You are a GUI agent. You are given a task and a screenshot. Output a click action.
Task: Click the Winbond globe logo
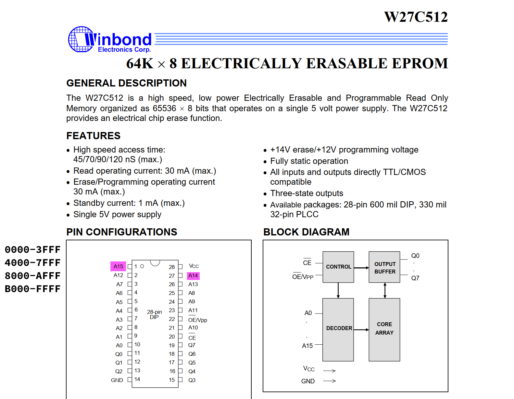[81, 39]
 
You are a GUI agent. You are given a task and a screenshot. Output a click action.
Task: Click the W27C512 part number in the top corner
[416, 17]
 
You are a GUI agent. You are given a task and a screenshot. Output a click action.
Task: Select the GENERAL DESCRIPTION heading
[126, 83]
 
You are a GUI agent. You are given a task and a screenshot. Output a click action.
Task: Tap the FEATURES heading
[93, 136]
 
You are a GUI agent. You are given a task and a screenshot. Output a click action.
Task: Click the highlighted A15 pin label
[118, 266]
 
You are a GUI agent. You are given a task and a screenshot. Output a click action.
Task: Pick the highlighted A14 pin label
[193, 276]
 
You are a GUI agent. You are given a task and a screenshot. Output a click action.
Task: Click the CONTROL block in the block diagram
[338, 267]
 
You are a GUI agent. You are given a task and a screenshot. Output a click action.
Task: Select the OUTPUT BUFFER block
[384, 267]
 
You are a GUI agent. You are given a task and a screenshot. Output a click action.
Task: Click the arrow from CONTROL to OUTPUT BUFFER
[361, 268]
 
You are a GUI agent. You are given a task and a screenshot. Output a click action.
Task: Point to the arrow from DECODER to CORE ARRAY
[361, 330]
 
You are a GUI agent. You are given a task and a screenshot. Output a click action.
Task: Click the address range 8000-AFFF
[32, 276]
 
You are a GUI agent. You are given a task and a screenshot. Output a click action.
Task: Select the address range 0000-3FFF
[32, 250]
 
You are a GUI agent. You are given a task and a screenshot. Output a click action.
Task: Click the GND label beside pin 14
[117, 380]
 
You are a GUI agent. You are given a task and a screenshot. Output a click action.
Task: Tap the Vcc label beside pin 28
[194, 266]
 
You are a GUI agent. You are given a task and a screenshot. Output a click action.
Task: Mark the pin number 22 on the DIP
[172, 319]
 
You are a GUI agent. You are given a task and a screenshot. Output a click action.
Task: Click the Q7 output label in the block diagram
[415, 278]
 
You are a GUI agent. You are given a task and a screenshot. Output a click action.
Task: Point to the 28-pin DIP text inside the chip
[155, 314]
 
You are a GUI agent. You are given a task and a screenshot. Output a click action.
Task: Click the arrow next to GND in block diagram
[329, 381]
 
